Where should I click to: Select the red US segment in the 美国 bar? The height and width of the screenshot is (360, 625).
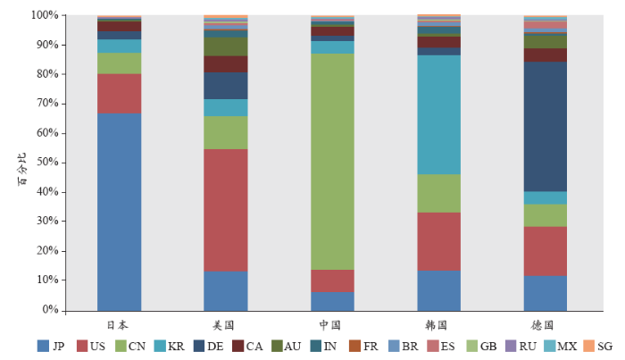(x=226, y=210)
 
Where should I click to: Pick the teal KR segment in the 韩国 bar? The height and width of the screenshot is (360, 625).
(x=439, y=115)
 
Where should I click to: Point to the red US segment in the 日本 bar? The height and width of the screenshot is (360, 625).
(x=119, y=94)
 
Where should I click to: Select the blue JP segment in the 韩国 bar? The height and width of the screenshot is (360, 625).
(x=439, y=290)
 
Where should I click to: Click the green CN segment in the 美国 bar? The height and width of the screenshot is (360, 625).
(x=226, y=132)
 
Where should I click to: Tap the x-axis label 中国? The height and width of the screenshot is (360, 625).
(x=332, y=325)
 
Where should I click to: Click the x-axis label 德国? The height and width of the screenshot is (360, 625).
(x=546, y=325)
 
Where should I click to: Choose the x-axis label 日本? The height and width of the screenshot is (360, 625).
(x=119, y=325)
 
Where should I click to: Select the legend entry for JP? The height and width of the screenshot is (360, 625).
(x=52, y=346)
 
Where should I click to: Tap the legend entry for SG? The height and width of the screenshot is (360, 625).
(x=598, y=346)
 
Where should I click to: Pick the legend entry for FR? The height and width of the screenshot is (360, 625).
(x=363, y=346)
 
